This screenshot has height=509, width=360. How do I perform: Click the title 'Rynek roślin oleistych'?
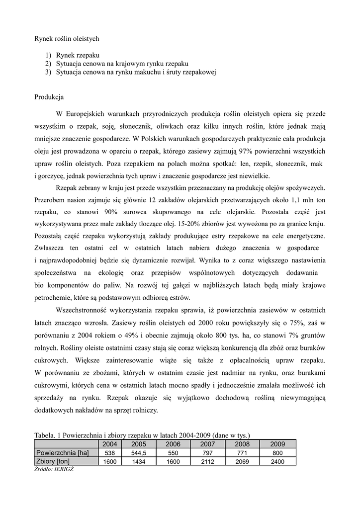click(67, 38)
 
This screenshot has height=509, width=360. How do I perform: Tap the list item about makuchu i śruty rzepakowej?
click(136, 73)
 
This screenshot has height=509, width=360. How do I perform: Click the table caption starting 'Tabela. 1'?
click(142, 435)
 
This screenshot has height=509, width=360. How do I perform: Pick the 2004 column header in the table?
click(110, 444)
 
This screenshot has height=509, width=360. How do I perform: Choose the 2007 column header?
click(207, 444)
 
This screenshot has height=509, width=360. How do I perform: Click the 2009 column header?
click(277, 444)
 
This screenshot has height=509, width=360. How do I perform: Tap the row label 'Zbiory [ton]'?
click(53, 462)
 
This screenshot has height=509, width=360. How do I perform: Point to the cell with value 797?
click(207, 453)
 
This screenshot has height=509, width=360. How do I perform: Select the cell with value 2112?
click(207, 462)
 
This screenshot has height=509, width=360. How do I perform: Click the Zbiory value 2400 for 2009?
click(277, 462)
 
